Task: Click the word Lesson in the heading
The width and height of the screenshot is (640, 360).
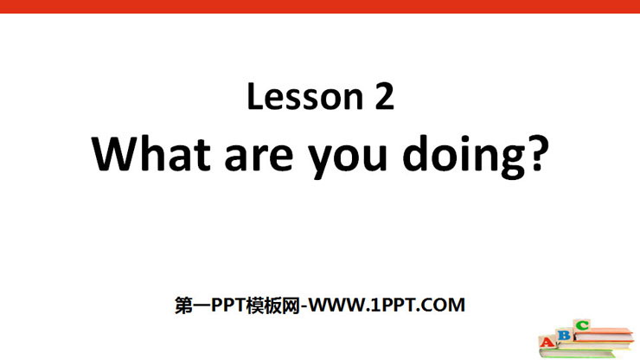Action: (305, 96)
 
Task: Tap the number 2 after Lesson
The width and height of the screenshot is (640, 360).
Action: (384, 95)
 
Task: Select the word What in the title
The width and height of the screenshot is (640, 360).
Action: (150, 154)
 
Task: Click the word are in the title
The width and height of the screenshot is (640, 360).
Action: (259, 157)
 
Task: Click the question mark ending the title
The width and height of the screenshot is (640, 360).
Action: (538, 152)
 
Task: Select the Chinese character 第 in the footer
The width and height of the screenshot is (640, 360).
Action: (183, 305)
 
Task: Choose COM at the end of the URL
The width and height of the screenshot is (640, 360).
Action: (444, 305)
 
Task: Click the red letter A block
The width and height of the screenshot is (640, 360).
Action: (547, 341)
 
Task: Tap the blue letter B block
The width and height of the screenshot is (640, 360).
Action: (565, 335)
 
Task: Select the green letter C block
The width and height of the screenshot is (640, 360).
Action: (582, 325)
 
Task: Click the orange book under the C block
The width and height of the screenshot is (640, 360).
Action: (604, 335)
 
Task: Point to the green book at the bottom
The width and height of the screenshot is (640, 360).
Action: (578, 353)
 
